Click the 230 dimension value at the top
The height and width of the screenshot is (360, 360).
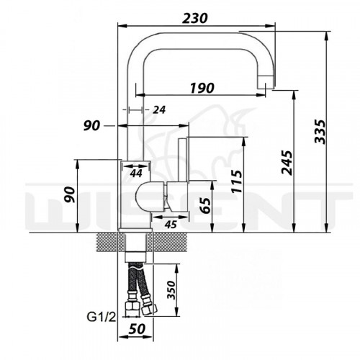pyautogui.click(x=194, y=18)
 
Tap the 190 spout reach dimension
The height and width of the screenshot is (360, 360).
pyautogui.click(x=202, y=88)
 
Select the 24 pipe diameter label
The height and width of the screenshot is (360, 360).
pyautogui.click(x=159, y=110)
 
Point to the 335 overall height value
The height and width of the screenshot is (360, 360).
pyautogui.click(x=320, y=132)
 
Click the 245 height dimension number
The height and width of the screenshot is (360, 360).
pyautogui.click(x=287, y=163)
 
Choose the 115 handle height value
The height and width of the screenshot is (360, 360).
pyautogui.click(x=237, y=181)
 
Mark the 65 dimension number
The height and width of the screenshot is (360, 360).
pyautogui.click(x=206, y=206)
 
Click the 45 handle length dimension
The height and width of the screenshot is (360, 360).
pyautogui.click(x=171, y=225)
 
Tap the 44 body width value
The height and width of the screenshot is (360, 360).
pyautogui.click(x=136, y=173)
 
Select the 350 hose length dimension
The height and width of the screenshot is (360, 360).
pyautogui.click(x=171, y=290)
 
